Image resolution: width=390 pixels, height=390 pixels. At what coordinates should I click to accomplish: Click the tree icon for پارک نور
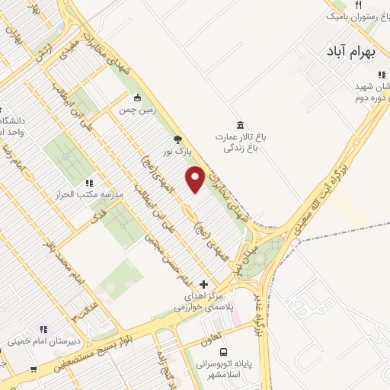(x=178, y=139)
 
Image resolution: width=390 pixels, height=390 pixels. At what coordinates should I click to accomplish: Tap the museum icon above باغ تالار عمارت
(x=241, y=125)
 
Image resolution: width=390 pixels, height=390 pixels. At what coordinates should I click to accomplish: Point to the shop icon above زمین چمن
(x=136, y=97)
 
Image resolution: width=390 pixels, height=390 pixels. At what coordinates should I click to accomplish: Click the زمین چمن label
(x=136, y=110)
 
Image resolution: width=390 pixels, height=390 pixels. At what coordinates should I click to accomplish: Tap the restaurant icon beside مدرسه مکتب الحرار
(x=89, y=183)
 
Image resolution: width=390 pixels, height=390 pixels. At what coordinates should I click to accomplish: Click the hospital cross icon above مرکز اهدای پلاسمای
(x=203, y=283)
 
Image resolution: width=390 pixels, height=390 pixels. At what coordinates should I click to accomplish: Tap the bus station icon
(x=223, y=352)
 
